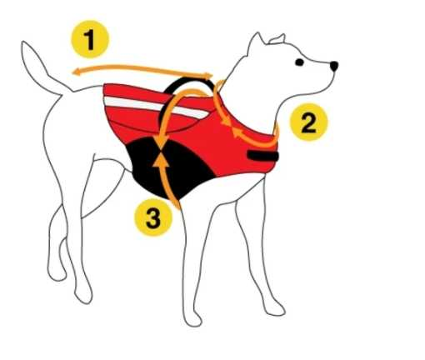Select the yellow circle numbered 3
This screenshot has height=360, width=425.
point(152,218)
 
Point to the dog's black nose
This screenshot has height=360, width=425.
point(334,64)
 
